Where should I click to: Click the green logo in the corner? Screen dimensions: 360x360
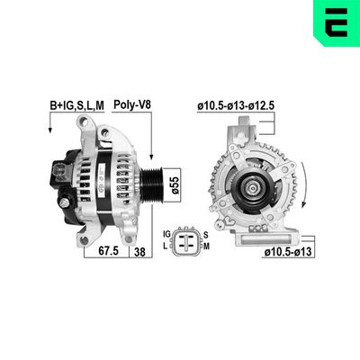(334, 22)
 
